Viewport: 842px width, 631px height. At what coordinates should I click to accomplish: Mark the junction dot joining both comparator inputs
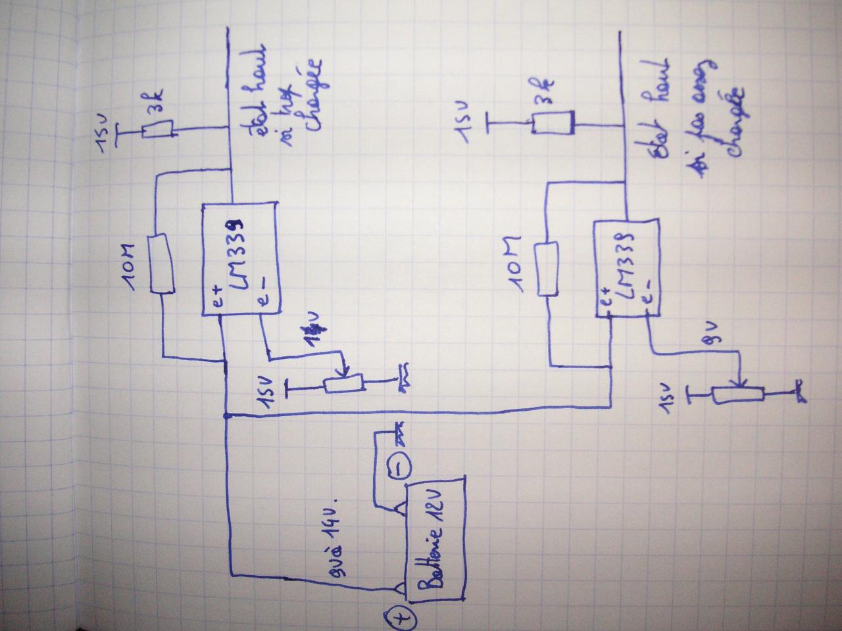coord(226,415)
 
